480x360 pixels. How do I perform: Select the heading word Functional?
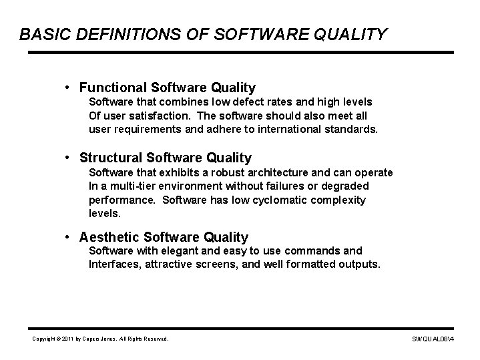pyautogui.click(x=113, y=87)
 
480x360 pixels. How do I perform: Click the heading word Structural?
pyautogui.click(x=111, y=158)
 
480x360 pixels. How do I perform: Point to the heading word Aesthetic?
pyautogui.click(x=109, y=237)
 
